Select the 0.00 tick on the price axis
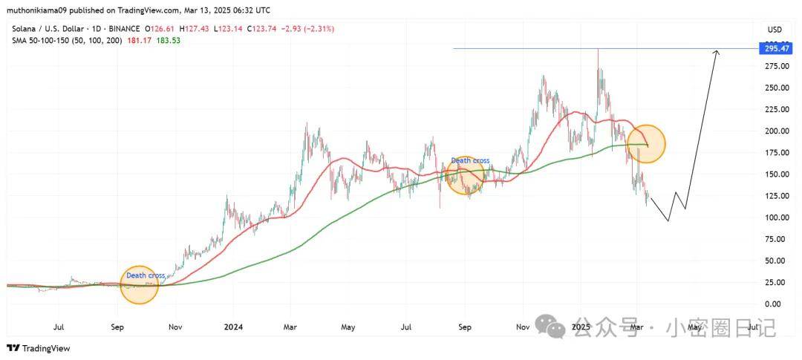772,304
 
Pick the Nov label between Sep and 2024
175,327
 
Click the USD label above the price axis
775,30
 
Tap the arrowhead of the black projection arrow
717,52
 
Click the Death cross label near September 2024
470,160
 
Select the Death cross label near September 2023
146,275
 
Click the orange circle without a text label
646,144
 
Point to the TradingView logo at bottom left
38,348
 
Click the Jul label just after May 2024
406,327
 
